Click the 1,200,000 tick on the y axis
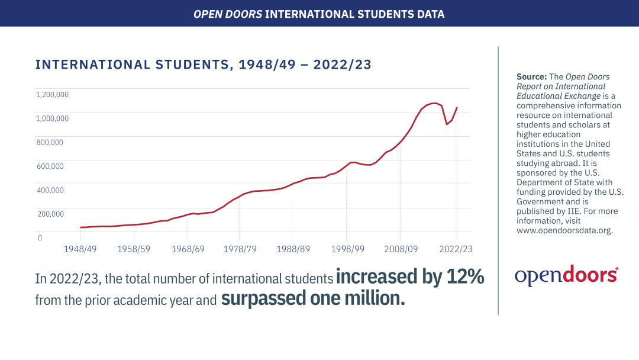pyautogui.click(x=52, y=94)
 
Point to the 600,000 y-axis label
pyautogui.click(x=50, y=166)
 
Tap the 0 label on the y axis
pyautogui.click(x=40, y=238)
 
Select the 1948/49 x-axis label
pyautogui.click(x=80, y=249)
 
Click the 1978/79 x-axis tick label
pyautogui.click(x=240, y=249)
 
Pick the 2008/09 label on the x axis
pyautogui.click(x=400, y=249)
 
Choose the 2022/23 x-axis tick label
pyautogui.click(x=456, y=249)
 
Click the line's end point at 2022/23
pyautogui.click(x=457, y=108)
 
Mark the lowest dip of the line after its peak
pyautogui.click(x=446, y=124)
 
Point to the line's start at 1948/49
pyautogui.click(x=80, y=227)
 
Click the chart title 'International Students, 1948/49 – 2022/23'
pyautogui.click(x=204, y=65)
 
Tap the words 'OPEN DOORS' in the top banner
pyautogui.click(x=228, y=13)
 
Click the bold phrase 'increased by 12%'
pyautogui.click(x=410, y=277)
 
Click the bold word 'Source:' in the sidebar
pyautogui.click(x=531, y=77)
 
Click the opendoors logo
pyautogui.click(x=566, y=275)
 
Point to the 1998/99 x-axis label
pyautogui.click(x=347, y=249)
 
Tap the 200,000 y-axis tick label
pyautogui.click(x=50, y=214)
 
